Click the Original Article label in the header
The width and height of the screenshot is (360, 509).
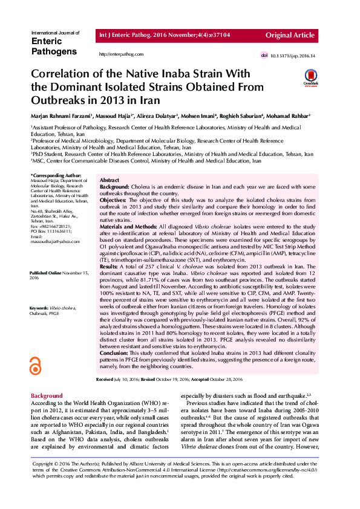(x=295, y=36)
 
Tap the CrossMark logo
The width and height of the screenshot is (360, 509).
(x=310, y=77)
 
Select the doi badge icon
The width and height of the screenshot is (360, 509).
(x=264, y=56)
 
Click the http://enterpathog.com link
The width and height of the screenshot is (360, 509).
(x=121, y=54)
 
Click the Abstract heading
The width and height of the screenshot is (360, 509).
(x=109, y=181)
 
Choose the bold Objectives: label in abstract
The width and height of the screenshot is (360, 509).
(x=113, y=199)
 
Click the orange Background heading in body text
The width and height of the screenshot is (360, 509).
(x=47, y=396)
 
